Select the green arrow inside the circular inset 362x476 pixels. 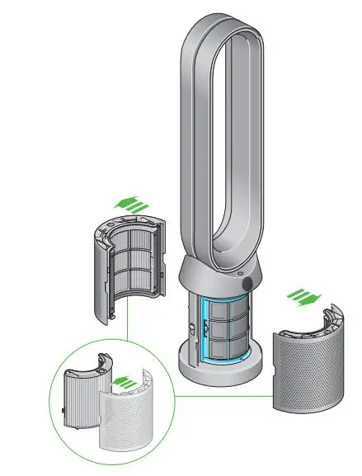(125, 383)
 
